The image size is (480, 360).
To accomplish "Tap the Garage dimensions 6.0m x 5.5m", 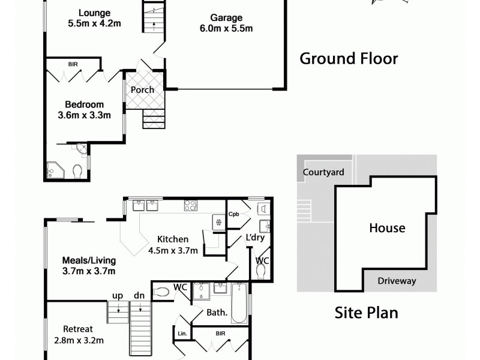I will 226,28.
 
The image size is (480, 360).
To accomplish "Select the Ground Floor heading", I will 349,59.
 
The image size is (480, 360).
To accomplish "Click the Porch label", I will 143,90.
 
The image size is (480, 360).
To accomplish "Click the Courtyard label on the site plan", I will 323,172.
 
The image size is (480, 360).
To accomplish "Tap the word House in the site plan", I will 387,228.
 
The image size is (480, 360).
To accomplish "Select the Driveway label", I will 397,281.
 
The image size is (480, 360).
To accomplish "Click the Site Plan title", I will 366,312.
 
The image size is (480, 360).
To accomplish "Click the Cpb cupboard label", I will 234,214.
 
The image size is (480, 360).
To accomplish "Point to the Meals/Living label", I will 89,260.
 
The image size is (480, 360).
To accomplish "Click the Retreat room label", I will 79,329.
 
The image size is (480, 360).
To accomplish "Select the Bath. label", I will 217,312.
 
